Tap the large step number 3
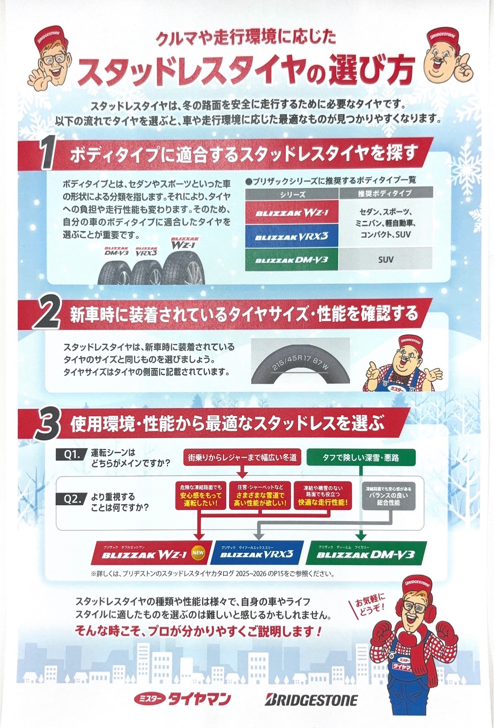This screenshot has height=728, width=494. coord(47,424)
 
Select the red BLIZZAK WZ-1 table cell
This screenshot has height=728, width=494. coord(292,213)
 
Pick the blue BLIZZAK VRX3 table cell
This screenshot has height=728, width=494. coord(292,236)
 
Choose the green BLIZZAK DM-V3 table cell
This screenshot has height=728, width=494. coord(292,260)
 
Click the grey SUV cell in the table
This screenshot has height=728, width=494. coord(385,259)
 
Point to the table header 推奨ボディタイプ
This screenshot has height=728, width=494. coord(385,194)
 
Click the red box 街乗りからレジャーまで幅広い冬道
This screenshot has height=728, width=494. coord(242,457)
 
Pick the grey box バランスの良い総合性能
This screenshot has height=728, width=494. coord(388,496)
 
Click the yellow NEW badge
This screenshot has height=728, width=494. coord(198,552)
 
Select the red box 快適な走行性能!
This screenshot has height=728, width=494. coord(323,495)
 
